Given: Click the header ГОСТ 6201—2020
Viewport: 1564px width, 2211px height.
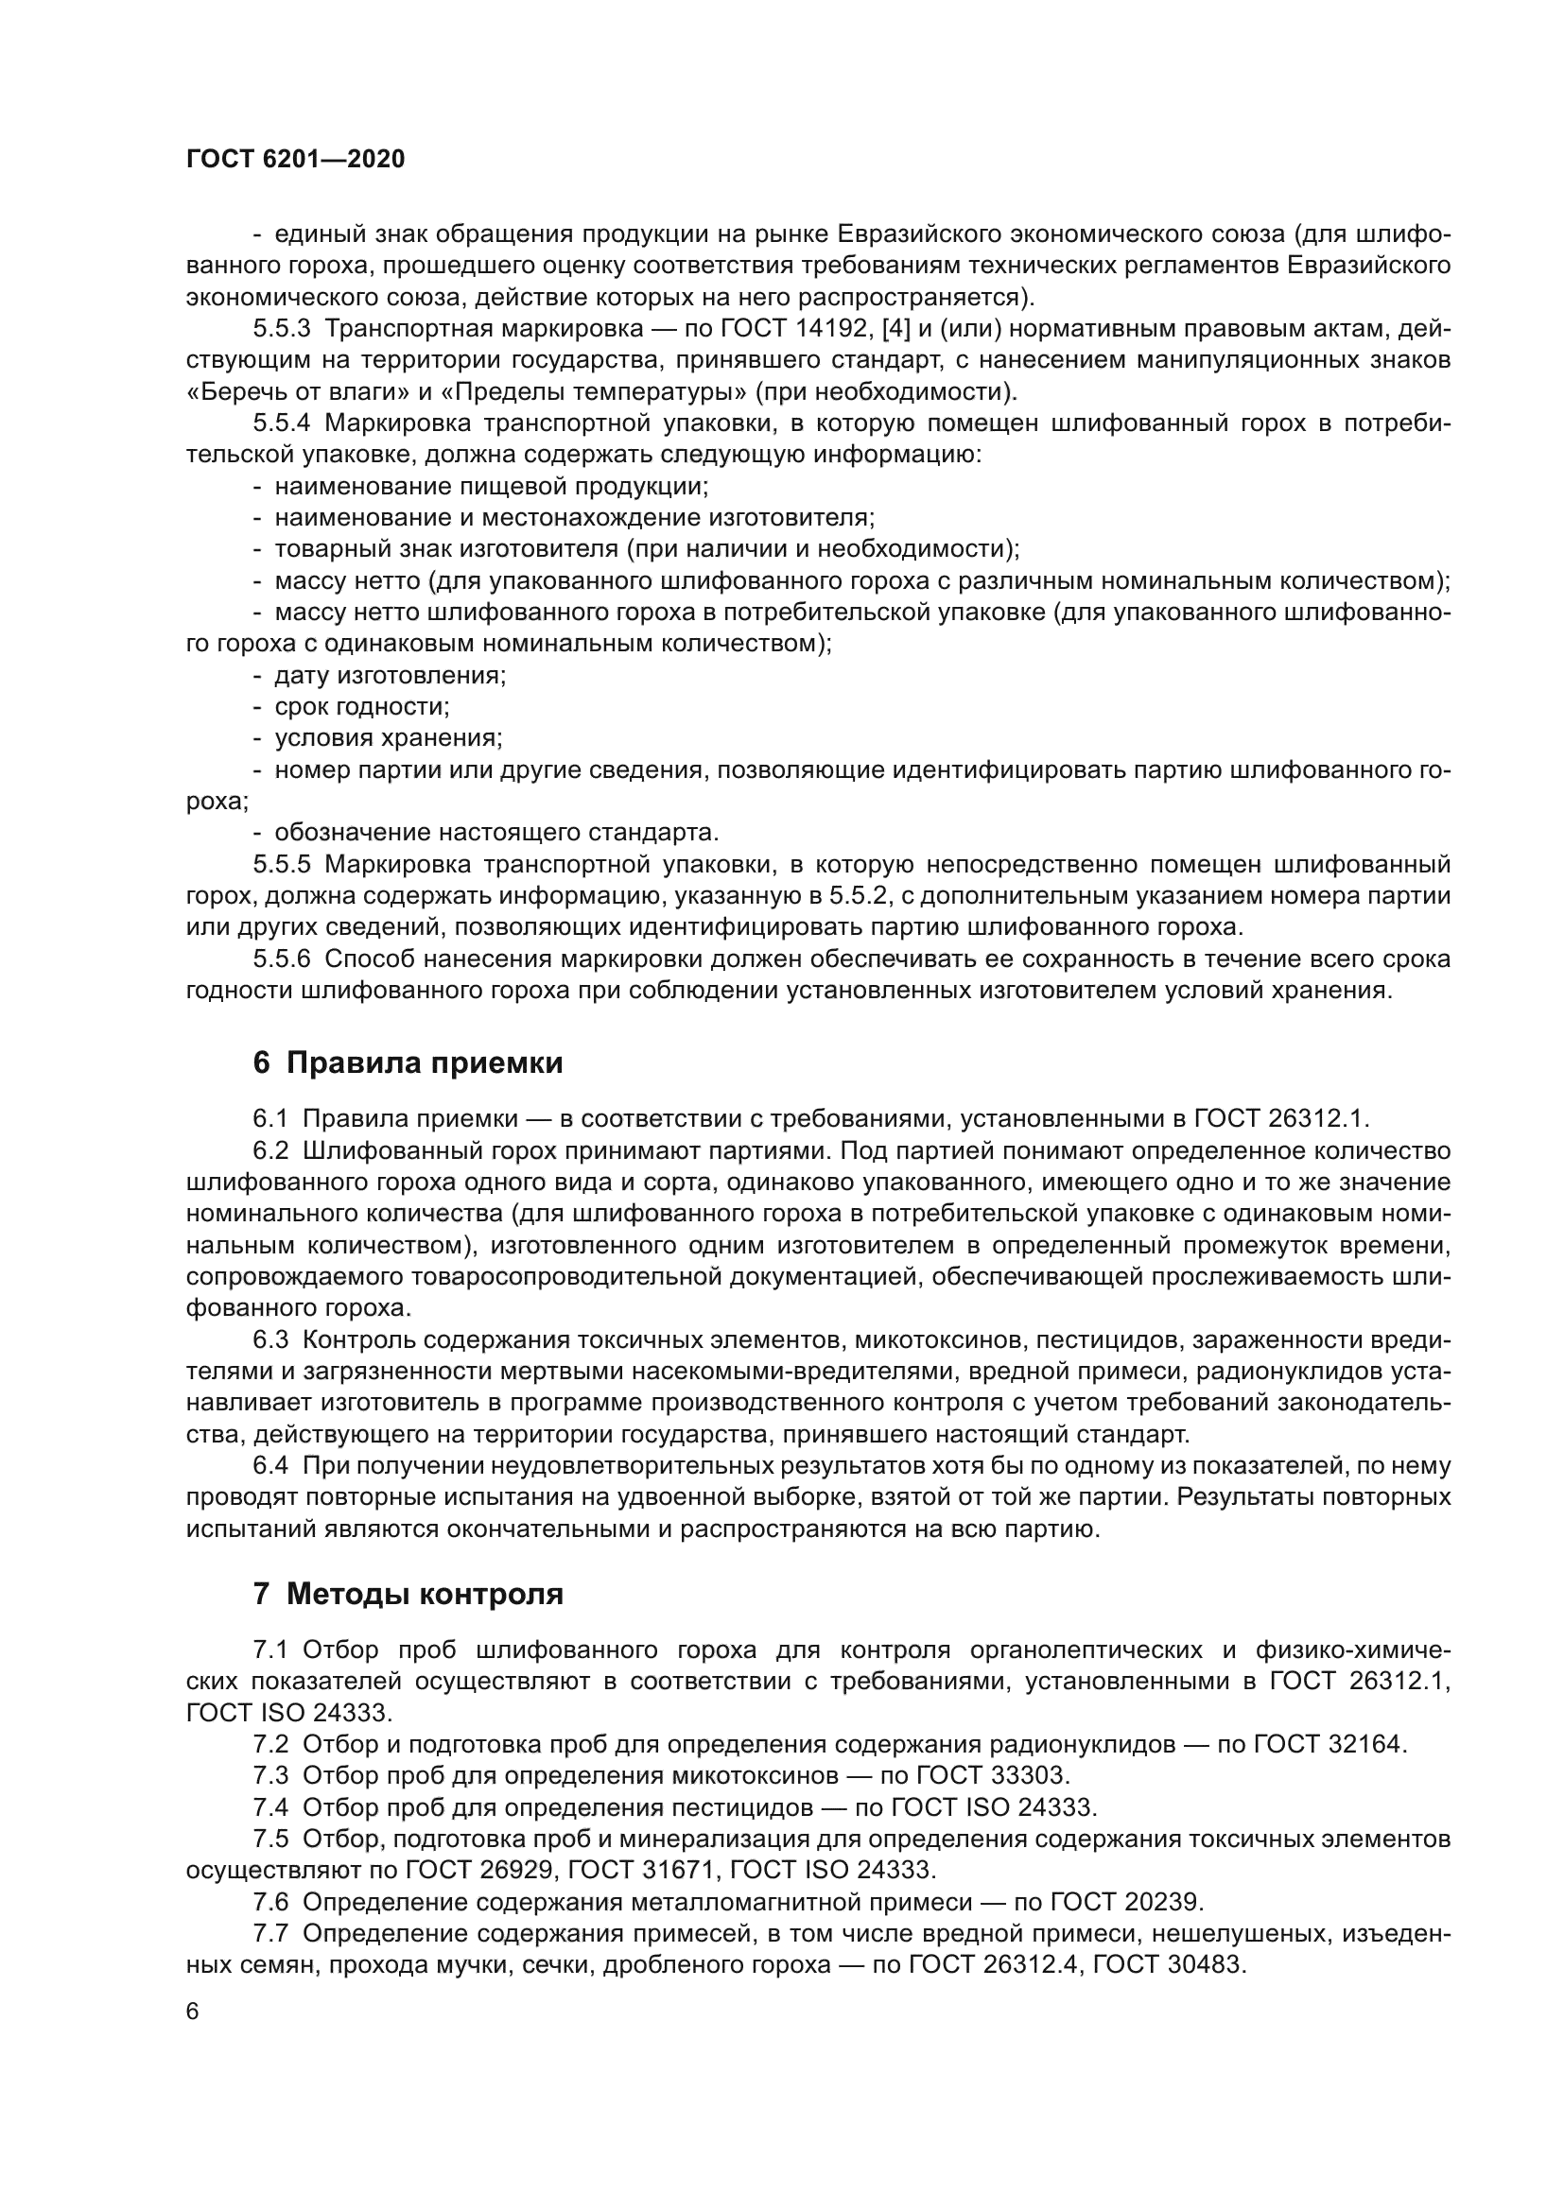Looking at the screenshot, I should (295, 160).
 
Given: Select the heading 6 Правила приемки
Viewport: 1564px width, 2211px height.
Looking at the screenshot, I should (408, 1063).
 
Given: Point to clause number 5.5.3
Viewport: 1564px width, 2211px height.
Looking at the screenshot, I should (281, 329).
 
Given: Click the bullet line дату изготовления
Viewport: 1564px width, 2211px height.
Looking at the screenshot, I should (389, 675).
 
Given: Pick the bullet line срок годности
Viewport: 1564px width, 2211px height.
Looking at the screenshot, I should (361, 707).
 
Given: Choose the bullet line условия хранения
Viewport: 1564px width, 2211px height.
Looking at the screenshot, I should (388, 738).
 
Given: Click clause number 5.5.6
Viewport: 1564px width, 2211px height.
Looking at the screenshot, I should (281, 959).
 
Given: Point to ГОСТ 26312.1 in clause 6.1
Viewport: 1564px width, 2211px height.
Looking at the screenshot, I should (1280, 1119).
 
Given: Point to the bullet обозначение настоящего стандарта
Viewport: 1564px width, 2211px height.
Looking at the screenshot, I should (496, 832).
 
